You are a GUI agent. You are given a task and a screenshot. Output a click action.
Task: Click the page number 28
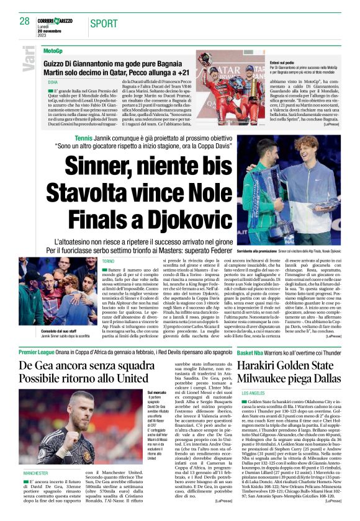[25, 21]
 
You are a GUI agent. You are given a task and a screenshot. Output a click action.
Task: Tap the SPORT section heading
[104, 24]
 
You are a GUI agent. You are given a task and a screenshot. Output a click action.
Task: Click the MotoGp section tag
[53, 50]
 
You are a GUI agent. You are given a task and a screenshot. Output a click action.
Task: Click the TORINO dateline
[109, 262]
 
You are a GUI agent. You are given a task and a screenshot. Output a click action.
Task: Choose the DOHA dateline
[53, 82]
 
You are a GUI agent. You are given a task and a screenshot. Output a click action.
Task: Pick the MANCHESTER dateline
[35, 473]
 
